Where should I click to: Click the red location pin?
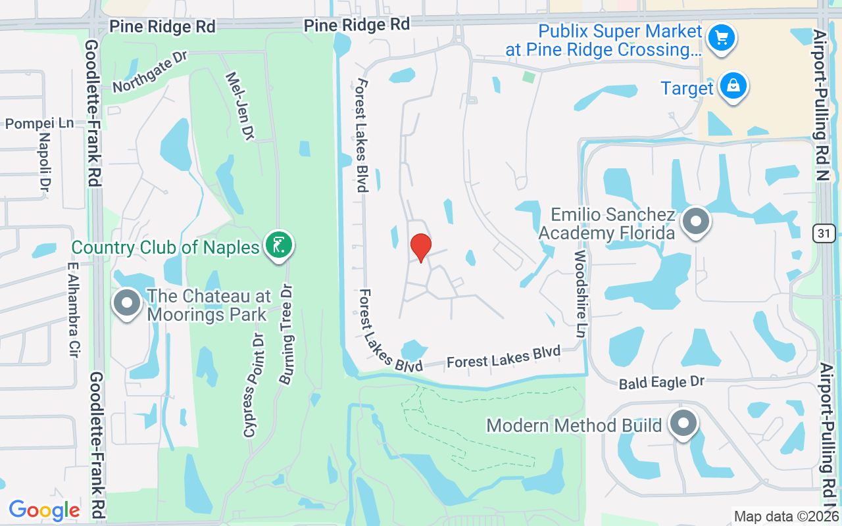pos(421,247)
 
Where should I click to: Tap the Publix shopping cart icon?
pos(722,37)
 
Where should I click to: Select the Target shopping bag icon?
pos(733,86)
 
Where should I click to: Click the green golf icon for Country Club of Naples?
pos(279,245)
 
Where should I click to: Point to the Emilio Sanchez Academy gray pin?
pos(695,222)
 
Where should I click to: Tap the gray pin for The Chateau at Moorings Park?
pos(128,304)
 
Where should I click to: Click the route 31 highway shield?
pos(824,232)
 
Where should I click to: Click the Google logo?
pos(45,510)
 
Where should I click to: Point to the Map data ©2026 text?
pos(786,517)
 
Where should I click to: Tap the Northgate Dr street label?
pos(150,72)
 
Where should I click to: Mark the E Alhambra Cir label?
pos(73,311)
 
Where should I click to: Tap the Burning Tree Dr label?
pos(286,335)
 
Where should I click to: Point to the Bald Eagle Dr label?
pos(662,383)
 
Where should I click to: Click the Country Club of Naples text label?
pos(165,248)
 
